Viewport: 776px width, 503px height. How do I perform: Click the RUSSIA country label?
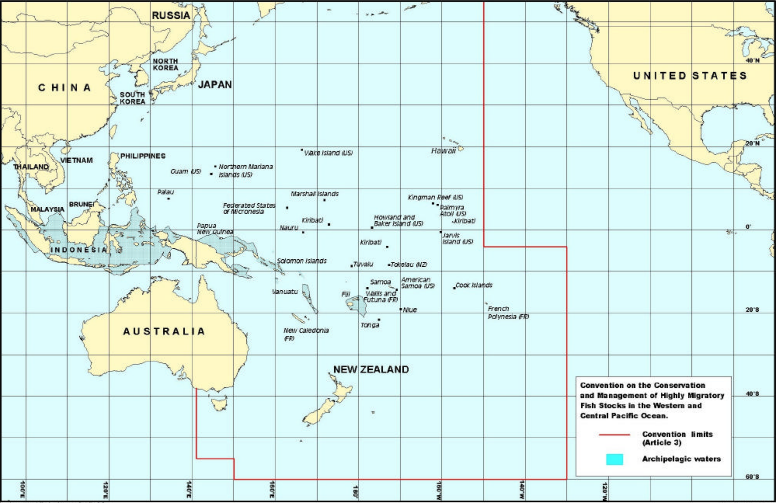pos(171,16)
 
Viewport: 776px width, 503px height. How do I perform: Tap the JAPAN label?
pos(215,85)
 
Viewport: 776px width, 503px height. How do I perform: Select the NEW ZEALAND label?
pos(371,369)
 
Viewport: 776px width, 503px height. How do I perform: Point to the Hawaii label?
pos(443,151)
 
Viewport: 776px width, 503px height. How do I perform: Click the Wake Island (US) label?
pos(328,153)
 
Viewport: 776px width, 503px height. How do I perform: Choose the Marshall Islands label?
pos(315,194)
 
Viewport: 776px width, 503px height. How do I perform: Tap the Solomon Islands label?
pos(302,261)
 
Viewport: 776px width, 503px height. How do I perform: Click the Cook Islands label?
pos(474,285)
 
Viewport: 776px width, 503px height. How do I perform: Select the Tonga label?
pos(370,325)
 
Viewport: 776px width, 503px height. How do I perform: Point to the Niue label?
pos(410,310)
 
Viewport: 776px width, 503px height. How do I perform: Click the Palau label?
pos(166,192)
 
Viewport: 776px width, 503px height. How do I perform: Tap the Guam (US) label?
pos(186,171)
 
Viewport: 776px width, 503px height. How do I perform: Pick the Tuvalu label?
pos(363,264)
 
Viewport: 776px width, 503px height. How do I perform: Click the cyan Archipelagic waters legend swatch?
pos(614,460)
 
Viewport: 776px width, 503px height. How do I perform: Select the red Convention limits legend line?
pos(614,435)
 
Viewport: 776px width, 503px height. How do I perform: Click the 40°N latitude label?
pos(752,61)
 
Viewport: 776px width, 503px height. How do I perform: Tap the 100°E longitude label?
pos(23,490)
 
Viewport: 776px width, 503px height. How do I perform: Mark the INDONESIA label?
pos(79,250)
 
